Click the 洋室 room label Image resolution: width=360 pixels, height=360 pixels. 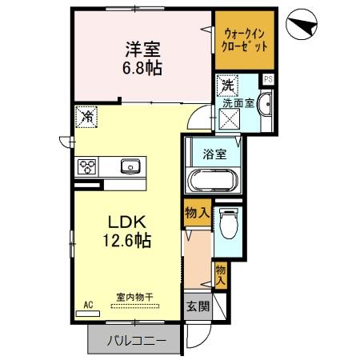click(142, 49)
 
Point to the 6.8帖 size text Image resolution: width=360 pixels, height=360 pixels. click(142, 67)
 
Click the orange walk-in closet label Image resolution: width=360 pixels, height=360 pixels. click(245, 40)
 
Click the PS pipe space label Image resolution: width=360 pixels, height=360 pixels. click(268, 79)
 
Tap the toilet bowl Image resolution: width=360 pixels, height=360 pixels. click(228, 225)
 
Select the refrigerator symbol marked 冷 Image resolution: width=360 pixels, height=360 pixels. click(86, 118)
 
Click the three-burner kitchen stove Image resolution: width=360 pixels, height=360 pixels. click(87, 167)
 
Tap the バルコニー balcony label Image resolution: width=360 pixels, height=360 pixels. click(137, 342)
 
